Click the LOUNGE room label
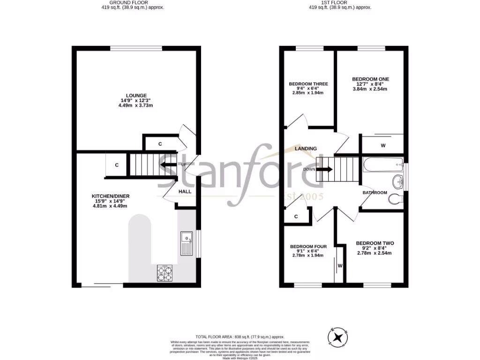coord(135,96)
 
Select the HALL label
coord(184,191)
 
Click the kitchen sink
coord(186,243)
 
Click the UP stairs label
coord(184,165)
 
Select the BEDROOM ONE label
coord(370,79)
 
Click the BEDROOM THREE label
coord(308,84)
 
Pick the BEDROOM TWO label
coord(375,243)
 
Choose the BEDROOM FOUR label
coord(308,247)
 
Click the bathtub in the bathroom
coord(383,164)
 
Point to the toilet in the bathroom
coord(396,199)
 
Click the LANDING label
coord(306,149)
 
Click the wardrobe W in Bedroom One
coord(383,146)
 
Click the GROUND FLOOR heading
coord(133,3)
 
